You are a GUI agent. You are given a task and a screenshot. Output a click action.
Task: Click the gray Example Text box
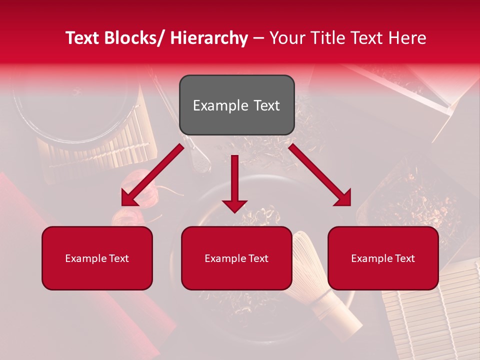tap(236, 105)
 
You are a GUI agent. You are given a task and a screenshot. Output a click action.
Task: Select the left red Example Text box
tap(97, 258)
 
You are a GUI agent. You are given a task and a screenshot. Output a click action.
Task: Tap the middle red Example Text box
tap(236, 258)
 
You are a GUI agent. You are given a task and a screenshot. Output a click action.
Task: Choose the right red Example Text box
tap(383, 258)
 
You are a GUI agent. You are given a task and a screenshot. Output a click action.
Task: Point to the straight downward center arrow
tap(234, 180)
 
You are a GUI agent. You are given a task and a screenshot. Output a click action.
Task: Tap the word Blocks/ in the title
tap(134, 38)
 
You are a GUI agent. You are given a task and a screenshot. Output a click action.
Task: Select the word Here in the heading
tap(407, 38)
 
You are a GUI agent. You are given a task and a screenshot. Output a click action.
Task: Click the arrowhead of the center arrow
tap(234, 205)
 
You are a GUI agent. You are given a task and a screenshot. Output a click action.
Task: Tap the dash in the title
tap(258, 38)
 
